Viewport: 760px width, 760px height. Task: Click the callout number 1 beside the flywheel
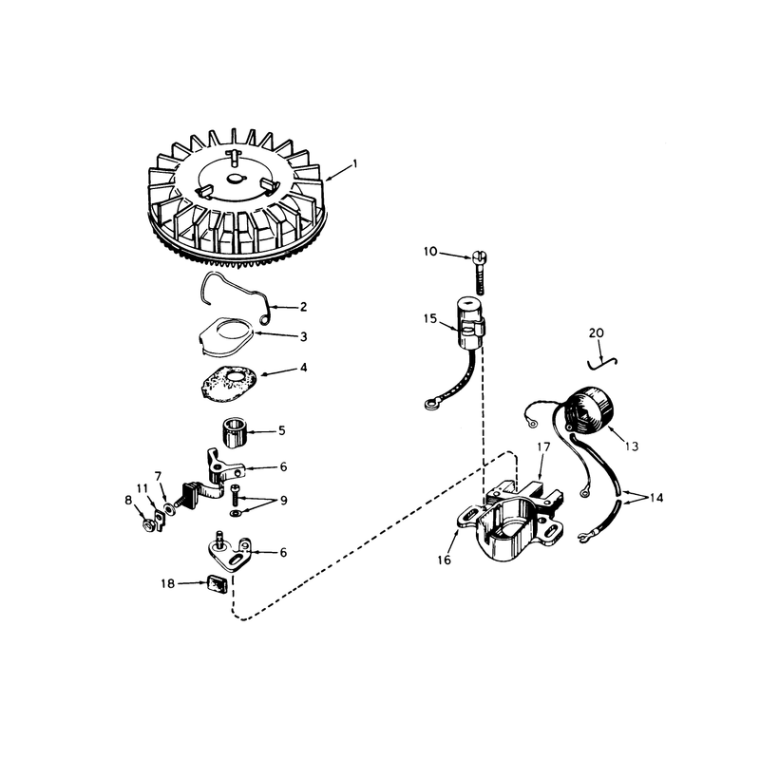(x=354, y=163)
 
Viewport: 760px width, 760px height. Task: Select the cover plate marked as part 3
(x=227, y=337)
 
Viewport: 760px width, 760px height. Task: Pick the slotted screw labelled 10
(x=479, y=273)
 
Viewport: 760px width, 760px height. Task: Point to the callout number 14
(x=655, y=498)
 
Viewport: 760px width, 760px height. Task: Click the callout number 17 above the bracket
(x=543, y=446)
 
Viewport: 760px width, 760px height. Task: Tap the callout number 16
(x=444, y=560)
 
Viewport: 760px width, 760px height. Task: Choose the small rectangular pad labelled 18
(x=218, y=583)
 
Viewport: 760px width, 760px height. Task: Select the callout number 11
(x=142, y=488)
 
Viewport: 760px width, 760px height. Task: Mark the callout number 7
(x=158, y=476)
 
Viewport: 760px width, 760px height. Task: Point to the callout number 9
(x=284, y=501)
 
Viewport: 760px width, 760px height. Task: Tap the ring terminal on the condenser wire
(x=430, y=402)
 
